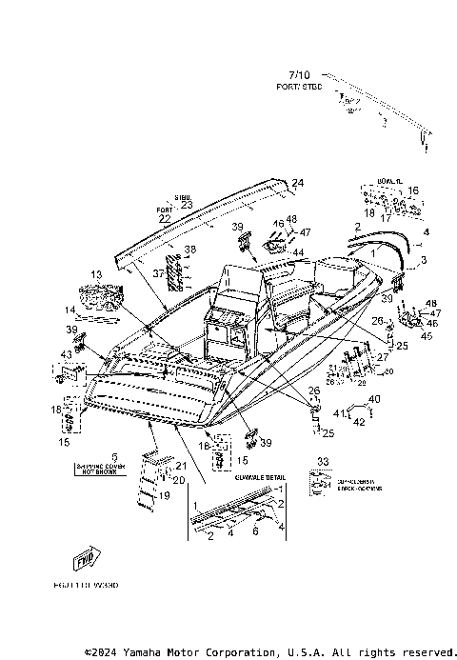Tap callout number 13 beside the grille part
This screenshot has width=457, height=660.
click(95, 274)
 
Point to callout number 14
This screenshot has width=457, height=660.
click(70, 310)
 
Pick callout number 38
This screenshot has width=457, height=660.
click(190, 250)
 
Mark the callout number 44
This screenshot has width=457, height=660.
click(297, 252)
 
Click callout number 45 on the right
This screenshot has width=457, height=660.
click(426, 335)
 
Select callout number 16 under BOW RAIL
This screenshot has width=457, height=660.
click(412, 190)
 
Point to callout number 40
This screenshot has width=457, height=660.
click(374, 399)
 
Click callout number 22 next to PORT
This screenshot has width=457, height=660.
click(164, 219)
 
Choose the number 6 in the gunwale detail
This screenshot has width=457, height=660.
click(255, 530)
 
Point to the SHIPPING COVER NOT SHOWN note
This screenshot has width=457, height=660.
click(115, 466)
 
